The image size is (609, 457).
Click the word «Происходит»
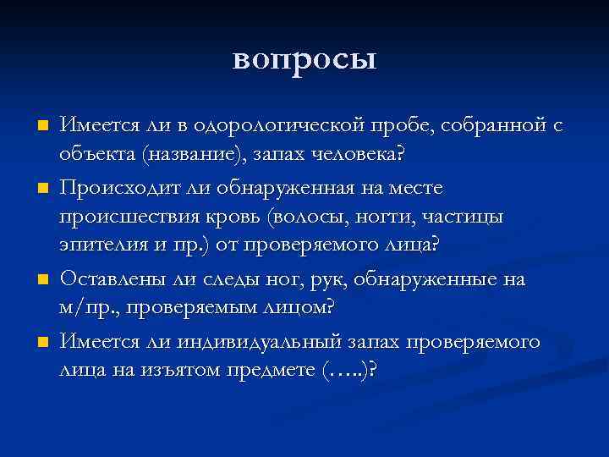click(118, 186)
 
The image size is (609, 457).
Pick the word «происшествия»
click(127, 217)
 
